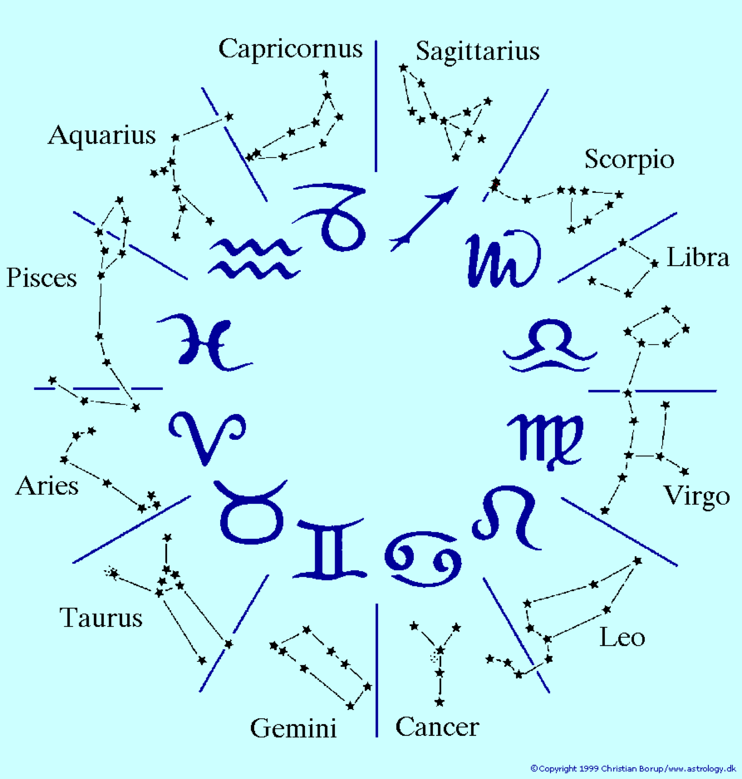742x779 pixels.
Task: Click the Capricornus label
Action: (290, 49)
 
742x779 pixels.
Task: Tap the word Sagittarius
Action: (478, 52)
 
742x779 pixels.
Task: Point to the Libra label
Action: (698, 257)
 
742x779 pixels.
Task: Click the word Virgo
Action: (697, 496)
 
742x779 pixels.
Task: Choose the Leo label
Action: (622, 637)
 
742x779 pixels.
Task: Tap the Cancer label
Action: (437, 727)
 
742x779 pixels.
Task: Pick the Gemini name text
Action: (293, 728)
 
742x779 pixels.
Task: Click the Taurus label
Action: (101, 618)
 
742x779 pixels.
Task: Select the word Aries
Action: (47, 486)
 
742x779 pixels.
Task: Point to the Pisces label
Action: (41, 278)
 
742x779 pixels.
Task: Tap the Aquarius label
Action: (102, 136)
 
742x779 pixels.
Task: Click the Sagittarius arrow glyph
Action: (424, 219)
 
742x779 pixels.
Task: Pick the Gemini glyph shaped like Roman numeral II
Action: (330, 550)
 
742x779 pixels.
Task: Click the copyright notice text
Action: (633, 768)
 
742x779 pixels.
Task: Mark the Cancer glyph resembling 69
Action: (423, 559)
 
